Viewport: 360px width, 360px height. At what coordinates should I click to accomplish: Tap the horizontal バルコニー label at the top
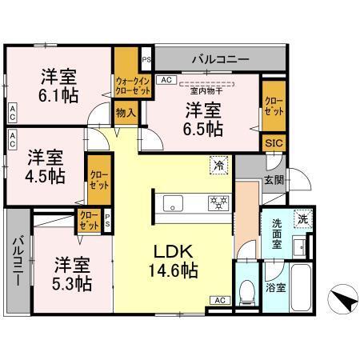pos(219,58)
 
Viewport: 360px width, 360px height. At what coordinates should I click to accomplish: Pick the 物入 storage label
pos(126,114)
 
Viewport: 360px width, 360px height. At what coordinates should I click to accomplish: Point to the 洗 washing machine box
pos(303,218)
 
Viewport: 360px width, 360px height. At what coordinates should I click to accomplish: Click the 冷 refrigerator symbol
pos(218,166)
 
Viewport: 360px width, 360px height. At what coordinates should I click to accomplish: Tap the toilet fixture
pos(246,290)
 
